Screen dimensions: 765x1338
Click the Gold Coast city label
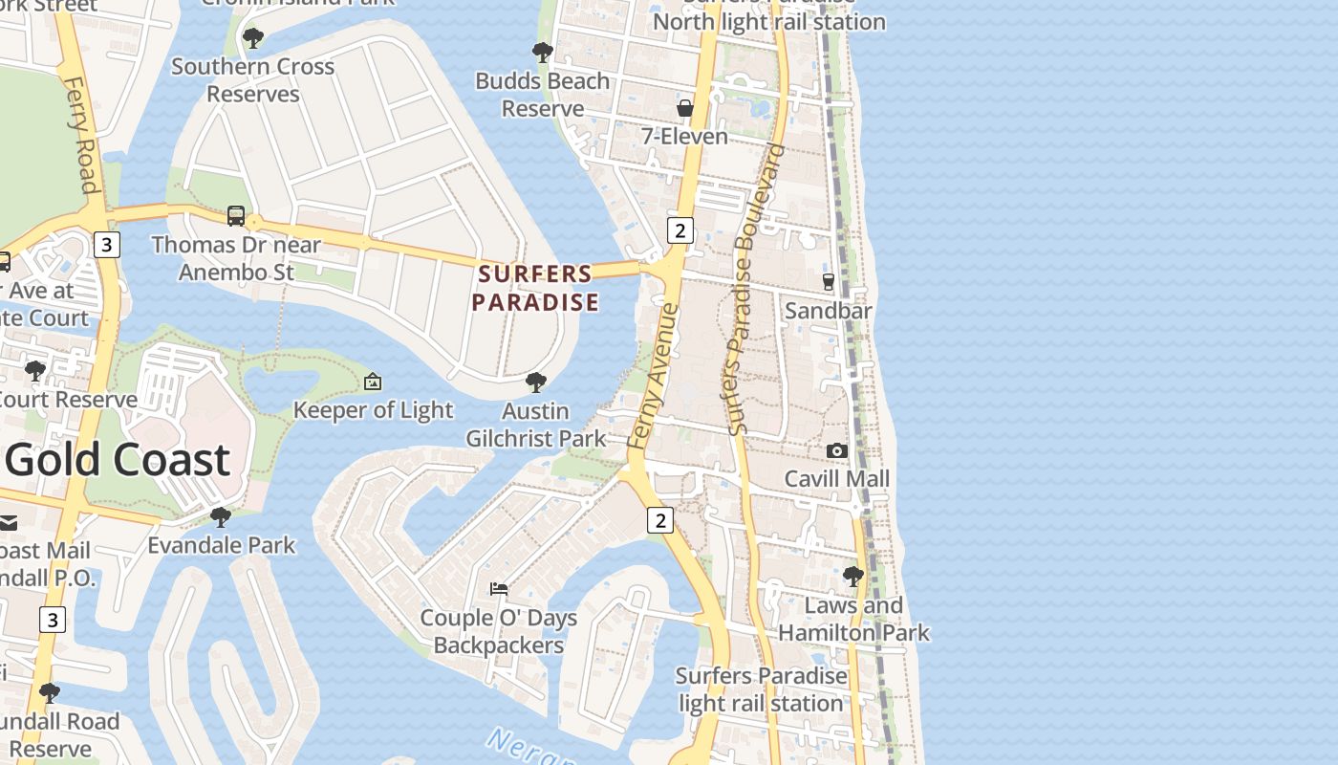tap(119, 460)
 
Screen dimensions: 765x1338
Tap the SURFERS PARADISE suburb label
tap(536, 288)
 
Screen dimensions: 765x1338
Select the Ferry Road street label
tap(82, 134)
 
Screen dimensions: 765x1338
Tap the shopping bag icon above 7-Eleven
tap(684, 108)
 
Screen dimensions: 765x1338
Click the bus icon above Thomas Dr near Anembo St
tap(235, 216)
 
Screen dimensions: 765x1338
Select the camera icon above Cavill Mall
tap(836, 450)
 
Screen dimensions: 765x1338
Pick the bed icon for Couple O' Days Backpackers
tap(498, 589)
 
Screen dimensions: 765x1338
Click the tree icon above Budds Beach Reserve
tap(542, 53)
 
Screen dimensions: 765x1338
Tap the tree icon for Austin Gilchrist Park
tap(536, 382)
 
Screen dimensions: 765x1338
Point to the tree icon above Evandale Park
tap(221, 517)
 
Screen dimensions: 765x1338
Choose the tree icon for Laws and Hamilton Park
tap(853, 577)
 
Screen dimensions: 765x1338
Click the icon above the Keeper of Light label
tap(373, 382)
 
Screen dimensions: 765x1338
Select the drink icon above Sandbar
tap(829, 282)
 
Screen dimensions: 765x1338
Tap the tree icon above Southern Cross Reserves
tap(253, 38)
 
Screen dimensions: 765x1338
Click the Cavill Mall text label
tap(836, 478)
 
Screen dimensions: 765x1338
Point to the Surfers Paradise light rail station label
tap(761, 689)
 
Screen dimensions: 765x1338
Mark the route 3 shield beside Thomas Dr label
tap(106, 245)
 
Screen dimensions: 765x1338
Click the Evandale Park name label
tap(221, 545)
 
